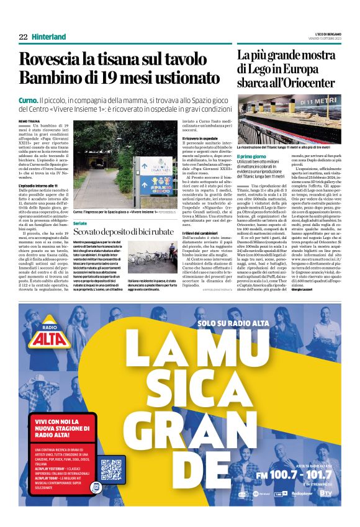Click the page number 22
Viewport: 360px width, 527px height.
pos(23,37)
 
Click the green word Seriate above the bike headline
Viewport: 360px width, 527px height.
pos(80,222)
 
